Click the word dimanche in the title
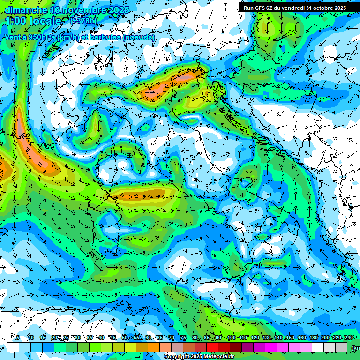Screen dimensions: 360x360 pyautogui.click(x=25, y=9)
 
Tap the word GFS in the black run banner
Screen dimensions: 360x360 pyautogui.click(x=260, y=7)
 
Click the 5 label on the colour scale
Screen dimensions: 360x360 pyautogui.click(x=18, y=337)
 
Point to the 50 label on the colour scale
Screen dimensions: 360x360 pyautogui.click(x=124, y=337)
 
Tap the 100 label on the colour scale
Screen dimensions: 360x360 pyautogui.click(x=231, y=337)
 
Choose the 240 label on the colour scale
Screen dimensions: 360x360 pyautogui.click(x=349, y=337)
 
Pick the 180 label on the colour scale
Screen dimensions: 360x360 pyautogui.click(x=314, y=337)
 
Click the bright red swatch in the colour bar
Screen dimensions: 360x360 pyautogui.click(x=212, y=346)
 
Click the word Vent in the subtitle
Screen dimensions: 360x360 pyautogui.click(x=13, y=37)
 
